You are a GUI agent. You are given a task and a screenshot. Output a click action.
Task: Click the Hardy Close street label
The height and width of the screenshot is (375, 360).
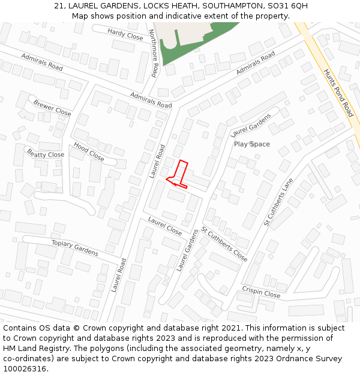tap(125, 34)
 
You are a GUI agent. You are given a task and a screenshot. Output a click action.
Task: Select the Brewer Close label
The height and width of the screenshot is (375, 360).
tap(52, 108)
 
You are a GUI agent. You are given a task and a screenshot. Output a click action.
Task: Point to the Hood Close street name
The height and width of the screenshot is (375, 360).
tap(89, 152)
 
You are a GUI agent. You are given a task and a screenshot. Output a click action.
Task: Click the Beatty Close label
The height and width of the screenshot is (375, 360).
tap(45, 154)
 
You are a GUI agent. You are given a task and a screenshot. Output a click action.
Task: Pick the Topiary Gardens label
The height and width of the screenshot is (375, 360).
tap(74, 247)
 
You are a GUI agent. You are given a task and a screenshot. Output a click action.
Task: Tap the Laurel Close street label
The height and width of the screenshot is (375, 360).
tap(164, 226)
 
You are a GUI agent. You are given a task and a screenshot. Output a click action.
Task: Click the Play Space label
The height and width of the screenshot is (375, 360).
tap(252, 144)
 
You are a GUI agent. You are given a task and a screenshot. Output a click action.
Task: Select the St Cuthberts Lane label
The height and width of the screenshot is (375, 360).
tap(279, 202)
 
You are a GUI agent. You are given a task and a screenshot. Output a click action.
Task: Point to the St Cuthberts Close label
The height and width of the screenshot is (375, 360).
tap(224, 244)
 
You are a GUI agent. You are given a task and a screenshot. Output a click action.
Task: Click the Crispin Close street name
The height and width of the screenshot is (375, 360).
tap(261, 292)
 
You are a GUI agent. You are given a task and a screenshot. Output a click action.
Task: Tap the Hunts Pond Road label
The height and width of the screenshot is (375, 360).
tap(339, 92)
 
